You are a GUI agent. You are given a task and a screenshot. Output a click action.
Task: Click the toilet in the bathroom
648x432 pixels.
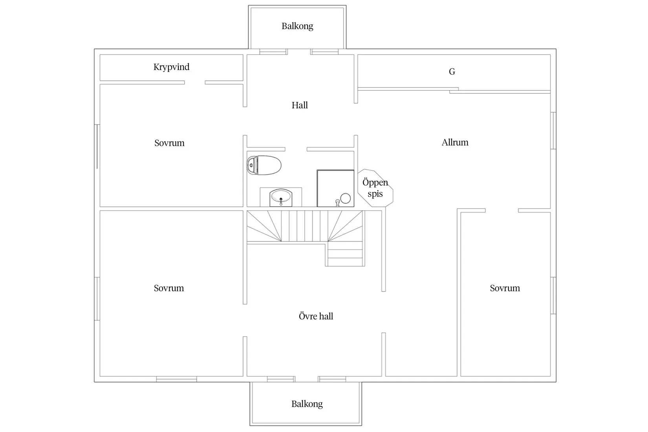(264, 165)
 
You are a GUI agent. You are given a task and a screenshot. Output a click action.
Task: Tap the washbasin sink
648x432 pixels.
(281, 198)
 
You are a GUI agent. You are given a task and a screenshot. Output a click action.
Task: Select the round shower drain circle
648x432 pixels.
(346, 198)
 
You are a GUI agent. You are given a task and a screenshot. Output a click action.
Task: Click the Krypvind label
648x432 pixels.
(171, 67)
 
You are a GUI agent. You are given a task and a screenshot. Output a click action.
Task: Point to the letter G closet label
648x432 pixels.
(452, 71)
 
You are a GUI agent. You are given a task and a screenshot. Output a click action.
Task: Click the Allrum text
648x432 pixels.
(455, 142)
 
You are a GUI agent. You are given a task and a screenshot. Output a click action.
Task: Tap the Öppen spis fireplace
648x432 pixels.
(375, 188)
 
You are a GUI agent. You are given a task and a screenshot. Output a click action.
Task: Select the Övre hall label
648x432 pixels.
(316, 316)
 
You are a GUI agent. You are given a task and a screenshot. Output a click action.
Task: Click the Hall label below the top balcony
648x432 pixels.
(300, 105)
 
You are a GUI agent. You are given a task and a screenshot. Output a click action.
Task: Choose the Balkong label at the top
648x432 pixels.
(297, 26)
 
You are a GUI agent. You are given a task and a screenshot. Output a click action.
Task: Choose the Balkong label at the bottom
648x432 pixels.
(307, 404)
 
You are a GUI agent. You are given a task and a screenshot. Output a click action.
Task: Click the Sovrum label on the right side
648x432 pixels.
(505, 288)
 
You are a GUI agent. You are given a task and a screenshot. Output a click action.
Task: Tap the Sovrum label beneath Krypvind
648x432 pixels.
(169, 143)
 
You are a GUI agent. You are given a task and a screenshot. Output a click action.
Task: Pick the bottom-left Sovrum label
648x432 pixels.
(168, 288)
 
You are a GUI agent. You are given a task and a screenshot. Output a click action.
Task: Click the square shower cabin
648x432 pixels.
(335, 189)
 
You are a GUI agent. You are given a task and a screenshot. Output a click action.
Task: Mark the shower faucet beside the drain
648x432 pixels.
(337, 203)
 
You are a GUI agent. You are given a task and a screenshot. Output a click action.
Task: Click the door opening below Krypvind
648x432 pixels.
(195, 83)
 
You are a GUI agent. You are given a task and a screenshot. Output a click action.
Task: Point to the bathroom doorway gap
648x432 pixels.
(296, 149)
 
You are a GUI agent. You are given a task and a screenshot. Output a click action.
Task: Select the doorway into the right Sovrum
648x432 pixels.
(502, 211)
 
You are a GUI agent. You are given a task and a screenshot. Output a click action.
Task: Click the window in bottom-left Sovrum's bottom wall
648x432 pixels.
(176, 379)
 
